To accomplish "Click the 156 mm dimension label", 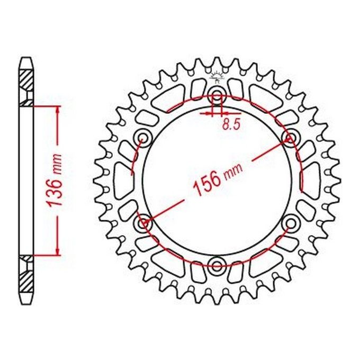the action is (218, 179).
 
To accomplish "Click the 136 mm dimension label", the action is (54, 180).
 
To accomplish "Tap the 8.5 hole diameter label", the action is (231, 124).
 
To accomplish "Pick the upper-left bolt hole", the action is (143, 138).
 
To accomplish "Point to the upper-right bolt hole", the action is (290, 138).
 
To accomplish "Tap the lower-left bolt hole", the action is (143, 222).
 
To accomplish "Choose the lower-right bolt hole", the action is (291, 223).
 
